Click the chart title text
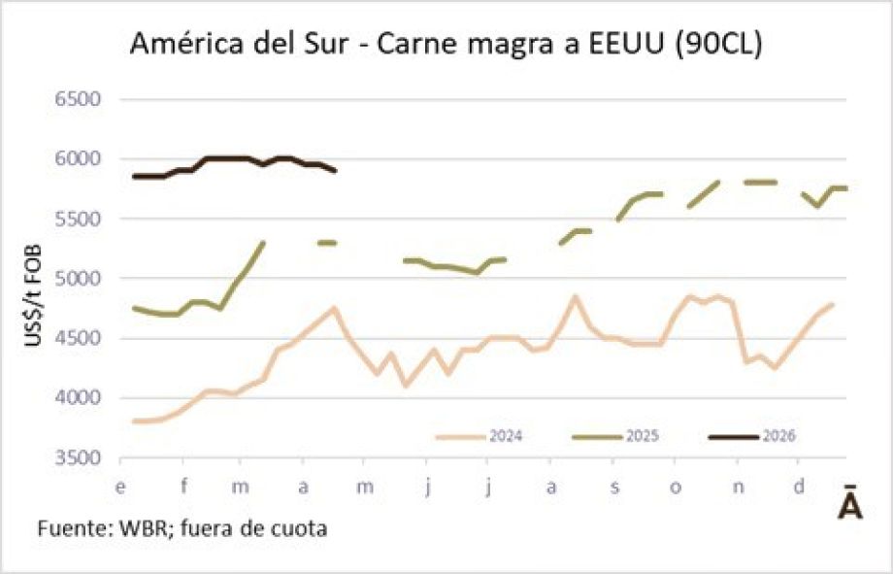coord(446,45)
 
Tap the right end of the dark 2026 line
coord(335,171)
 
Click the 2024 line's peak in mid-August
coord(574,296)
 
